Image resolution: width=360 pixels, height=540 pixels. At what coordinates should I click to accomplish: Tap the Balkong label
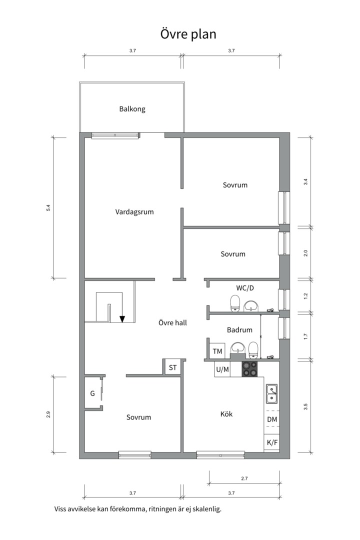(132, 109)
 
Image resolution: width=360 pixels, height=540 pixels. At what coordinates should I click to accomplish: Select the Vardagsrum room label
(134, 211)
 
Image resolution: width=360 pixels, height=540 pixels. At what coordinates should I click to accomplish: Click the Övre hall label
(172, 323)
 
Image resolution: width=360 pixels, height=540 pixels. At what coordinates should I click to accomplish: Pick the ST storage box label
(172, 367)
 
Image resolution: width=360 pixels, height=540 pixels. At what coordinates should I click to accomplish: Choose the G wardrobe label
(92, 393)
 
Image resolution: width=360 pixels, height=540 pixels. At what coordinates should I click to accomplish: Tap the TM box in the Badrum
(217, 351)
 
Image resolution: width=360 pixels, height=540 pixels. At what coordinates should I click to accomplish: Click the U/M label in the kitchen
(222, 369)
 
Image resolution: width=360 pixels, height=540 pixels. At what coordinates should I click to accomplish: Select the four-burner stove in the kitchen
(250, 369)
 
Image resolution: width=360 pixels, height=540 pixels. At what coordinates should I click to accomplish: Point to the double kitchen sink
(271, 393)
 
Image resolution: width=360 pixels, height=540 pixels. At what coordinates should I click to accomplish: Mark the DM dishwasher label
(271, 419)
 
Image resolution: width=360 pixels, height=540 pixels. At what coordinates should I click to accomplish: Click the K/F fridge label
(271, 442)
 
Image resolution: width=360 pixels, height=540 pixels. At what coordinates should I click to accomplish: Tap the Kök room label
(226, 414)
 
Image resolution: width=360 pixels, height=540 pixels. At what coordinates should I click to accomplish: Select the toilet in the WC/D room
(234, 303)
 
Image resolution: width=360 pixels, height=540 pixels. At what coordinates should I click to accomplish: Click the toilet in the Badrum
(253, 348)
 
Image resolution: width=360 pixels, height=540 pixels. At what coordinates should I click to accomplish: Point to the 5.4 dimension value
(48, 207)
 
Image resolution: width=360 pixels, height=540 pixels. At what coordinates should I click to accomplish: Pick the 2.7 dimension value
(244, 478)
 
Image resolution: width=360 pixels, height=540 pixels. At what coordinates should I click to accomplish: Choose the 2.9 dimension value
(48, 414)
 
